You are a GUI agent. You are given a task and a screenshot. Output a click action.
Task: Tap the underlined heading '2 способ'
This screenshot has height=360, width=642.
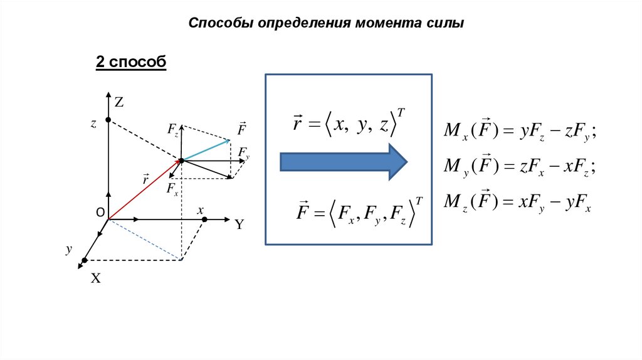tap(130, 62)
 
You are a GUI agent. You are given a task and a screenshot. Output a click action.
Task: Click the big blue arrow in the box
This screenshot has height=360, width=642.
tap(343, 162)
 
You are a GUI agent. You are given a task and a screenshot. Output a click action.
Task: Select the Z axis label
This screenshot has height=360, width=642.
tap(119, 101)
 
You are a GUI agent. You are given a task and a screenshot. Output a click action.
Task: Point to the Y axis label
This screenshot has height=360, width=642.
tap(239, 224)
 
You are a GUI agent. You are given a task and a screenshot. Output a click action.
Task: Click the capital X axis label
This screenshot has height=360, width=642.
tap(96, 279)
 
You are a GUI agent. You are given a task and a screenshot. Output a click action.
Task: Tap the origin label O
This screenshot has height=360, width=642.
tap(100, 213)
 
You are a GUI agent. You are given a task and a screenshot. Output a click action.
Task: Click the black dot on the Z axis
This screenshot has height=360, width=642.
tap(108, 120)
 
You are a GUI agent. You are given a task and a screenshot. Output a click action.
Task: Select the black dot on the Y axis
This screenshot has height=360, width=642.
tap(205, 220)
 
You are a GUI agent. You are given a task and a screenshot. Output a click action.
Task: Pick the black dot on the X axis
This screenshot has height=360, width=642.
tap(84, 260)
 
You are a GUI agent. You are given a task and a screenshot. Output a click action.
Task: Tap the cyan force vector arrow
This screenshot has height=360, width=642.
tap(207, 149)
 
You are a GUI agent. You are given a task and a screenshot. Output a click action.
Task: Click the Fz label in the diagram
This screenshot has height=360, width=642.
tap(173, 130)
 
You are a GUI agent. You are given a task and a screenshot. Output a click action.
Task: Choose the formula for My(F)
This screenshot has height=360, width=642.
tap(519, 167)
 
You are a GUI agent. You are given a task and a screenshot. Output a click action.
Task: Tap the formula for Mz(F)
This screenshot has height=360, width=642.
tap(518, 203)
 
